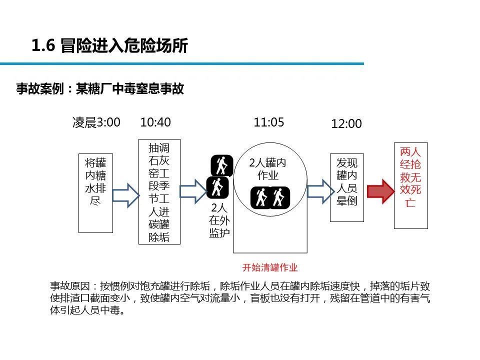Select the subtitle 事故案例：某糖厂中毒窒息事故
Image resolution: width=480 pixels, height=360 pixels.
100,89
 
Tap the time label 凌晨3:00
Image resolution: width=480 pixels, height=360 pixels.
96,122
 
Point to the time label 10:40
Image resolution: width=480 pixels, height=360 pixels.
155,122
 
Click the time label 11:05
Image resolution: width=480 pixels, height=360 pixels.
269,122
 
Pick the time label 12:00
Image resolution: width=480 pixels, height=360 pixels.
346,124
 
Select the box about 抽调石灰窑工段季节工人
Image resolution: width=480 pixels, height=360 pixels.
159,192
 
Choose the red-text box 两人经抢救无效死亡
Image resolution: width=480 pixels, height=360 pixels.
410,184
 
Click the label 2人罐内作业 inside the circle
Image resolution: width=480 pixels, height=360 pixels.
268,169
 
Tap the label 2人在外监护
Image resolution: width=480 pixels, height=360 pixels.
219,220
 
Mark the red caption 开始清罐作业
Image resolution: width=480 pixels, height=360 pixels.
269,267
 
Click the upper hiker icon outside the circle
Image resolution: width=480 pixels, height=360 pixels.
221,165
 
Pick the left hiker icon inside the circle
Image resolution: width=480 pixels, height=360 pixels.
260,197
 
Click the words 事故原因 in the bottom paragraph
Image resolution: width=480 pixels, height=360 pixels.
70,286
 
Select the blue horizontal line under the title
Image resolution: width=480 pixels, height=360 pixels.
182,64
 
